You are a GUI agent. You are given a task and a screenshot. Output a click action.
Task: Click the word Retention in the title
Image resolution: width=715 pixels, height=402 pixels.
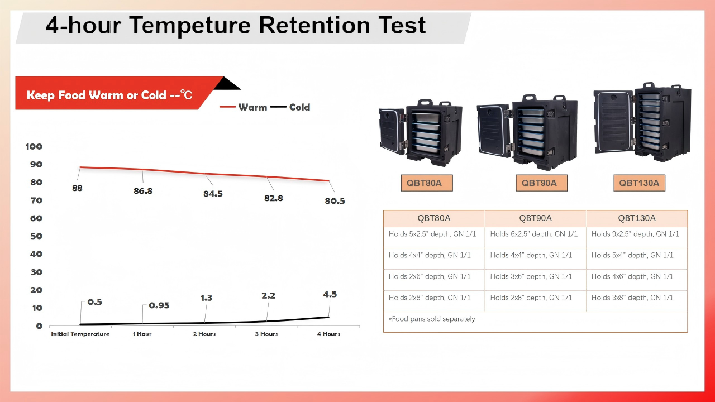(x=314, y=25)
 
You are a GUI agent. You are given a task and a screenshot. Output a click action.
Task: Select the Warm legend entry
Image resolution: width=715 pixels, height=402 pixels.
(x=243, y=107)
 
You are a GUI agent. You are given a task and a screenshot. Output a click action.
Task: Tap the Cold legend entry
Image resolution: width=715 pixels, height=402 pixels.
(x=290, y=107)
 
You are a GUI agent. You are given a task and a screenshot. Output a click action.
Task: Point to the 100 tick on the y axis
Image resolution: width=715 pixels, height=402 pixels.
(x=34, y=147)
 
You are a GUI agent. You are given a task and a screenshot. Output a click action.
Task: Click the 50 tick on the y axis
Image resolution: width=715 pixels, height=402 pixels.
(x=36, y=236)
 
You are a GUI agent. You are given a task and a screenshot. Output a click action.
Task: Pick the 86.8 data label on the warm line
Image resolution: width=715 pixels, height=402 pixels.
(x=143, y=191)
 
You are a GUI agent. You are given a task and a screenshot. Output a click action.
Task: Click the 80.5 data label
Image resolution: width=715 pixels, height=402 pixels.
(x=335, y=201)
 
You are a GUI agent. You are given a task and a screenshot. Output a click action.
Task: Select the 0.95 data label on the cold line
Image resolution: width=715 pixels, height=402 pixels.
(x=159, y=305)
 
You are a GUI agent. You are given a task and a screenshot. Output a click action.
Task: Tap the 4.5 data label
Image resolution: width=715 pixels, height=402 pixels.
(x=330, y=294)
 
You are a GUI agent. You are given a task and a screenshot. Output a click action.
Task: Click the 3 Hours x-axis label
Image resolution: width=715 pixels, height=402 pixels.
(x=266, y=334)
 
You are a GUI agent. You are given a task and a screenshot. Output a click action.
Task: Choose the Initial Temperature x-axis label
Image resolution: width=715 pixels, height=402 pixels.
(x=80, y=334)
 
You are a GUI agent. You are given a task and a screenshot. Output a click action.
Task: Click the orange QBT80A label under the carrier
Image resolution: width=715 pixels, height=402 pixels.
(x=427, y=183)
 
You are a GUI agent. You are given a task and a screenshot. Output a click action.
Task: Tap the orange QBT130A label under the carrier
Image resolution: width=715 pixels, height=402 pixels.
(x=640, y=183)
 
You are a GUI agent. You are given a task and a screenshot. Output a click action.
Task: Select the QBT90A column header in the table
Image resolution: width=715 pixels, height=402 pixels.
(x=535, y=218)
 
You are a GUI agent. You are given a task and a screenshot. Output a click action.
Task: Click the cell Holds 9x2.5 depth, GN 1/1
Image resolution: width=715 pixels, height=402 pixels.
(x=635, y=234)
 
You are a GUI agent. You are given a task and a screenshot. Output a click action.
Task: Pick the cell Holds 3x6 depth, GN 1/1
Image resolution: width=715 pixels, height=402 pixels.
(x=531, y=276)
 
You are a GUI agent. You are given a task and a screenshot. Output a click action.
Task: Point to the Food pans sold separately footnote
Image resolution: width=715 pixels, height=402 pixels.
(x=432, y=319)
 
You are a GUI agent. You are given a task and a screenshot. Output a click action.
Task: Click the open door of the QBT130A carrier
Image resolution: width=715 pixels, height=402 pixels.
(x=613, y=122)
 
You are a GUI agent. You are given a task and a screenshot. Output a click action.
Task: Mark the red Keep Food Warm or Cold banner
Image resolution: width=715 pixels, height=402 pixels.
(x=115, y=93)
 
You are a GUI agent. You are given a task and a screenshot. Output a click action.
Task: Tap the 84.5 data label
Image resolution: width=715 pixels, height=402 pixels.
(x=213, y=194)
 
